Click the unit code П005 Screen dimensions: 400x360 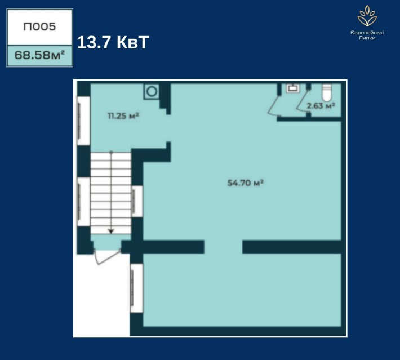point(39,27)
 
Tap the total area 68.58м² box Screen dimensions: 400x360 point(40,56)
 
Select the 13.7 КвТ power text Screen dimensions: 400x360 point(113,42)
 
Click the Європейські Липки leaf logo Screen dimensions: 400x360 point(367,16)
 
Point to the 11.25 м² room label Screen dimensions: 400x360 point(123,116)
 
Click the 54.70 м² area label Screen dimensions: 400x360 point(245,183)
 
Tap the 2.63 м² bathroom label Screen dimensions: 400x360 point(321,105)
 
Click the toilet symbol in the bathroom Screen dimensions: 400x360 point(326,92)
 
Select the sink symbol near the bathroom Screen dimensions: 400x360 point(293,88)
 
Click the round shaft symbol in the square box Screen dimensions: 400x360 point(152,91)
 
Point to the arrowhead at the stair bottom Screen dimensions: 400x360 point(111,232)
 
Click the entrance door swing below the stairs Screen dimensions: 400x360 point(106,257)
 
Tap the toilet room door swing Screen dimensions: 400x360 point(303,101)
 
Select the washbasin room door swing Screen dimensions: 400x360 point(273,105)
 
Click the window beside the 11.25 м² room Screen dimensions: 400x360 point(83,121)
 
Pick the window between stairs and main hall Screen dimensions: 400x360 point(137,202)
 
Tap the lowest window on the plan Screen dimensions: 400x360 point(137,288)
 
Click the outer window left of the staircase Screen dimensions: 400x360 point(83,202)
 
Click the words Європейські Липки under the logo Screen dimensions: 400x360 point(367,35)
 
